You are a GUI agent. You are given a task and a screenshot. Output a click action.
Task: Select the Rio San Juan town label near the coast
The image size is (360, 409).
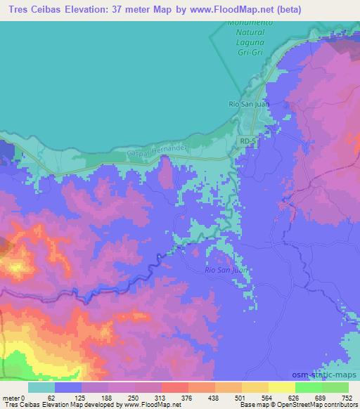click(x=247, y=104)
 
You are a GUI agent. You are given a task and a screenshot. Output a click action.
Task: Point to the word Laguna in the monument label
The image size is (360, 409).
click(x=247, y=43)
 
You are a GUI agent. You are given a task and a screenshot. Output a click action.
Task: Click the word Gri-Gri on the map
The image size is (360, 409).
click(x=247, y=53)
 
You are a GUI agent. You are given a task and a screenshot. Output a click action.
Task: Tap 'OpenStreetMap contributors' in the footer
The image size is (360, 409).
click(x=320, y=405)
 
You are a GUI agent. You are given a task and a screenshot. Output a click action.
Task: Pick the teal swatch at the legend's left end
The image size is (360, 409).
click(x=41, y=387)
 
